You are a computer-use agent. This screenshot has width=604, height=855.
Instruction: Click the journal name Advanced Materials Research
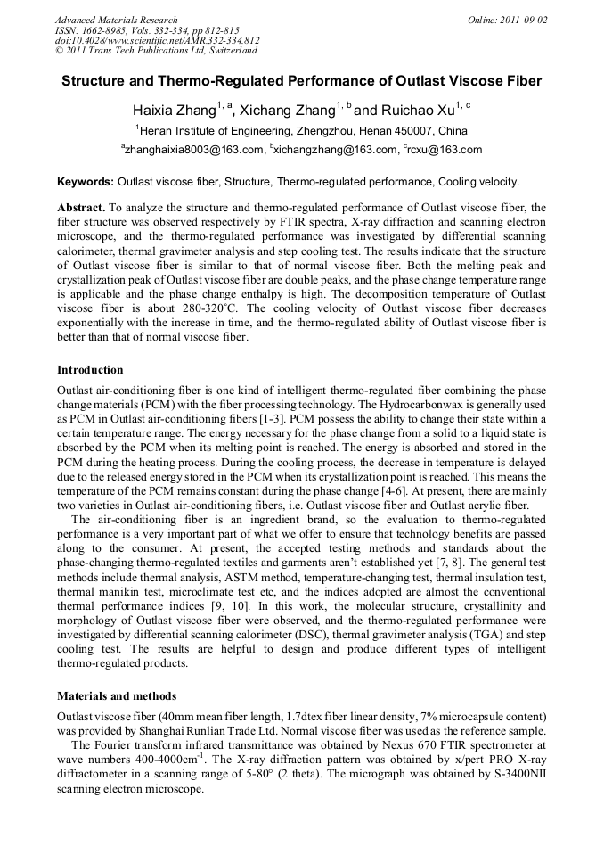[x=116, y=20]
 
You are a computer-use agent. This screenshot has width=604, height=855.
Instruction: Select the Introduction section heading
[x=90, y=369]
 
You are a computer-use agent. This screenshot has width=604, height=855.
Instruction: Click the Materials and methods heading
[x=116, y=695]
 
